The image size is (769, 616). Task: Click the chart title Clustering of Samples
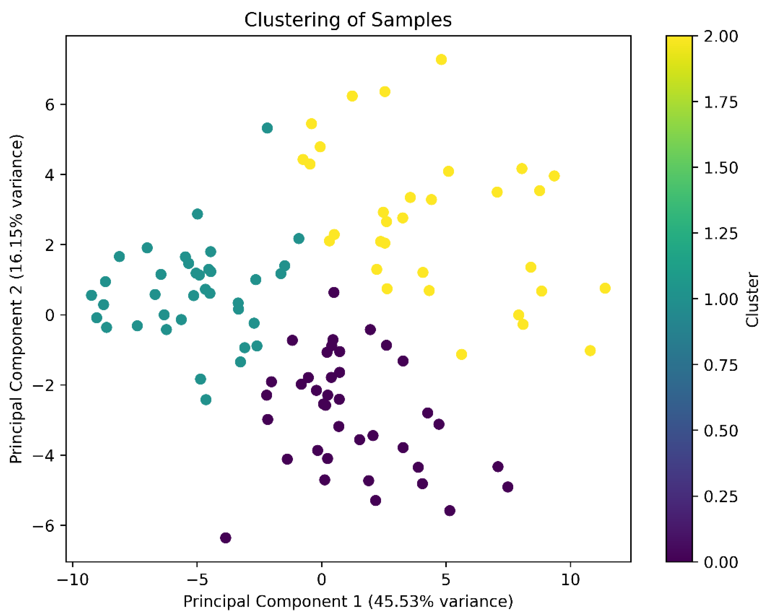coord(348,20)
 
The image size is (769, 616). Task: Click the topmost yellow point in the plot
coord(441,60)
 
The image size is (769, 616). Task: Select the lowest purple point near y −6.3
coord(226,537)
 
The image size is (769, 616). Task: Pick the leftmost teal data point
coord(91,295)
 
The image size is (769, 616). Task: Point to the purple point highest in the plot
coord(334,293)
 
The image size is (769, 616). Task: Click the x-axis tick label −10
coord(73,580)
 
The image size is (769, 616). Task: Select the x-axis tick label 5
coord(446,580)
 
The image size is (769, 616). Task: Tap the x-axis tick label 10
coord(570,580)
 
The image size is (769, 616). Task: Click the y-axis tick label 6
coord(50,105)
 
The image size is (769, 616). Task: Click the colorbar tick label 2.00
coord(720,36)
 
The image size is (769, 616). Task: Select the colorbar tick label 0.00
coord(720,562)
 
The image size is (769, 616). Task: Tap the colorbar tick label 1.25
coord(720,234)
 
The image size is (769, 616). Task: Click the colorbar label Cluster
coord(753,299)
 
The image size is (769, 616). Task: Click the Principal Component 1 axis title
coord(348,601)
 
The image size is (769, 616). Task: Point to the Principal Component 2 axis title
coord(16,299)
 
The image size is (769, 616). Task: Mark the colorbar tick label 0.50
coord(720,431)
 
